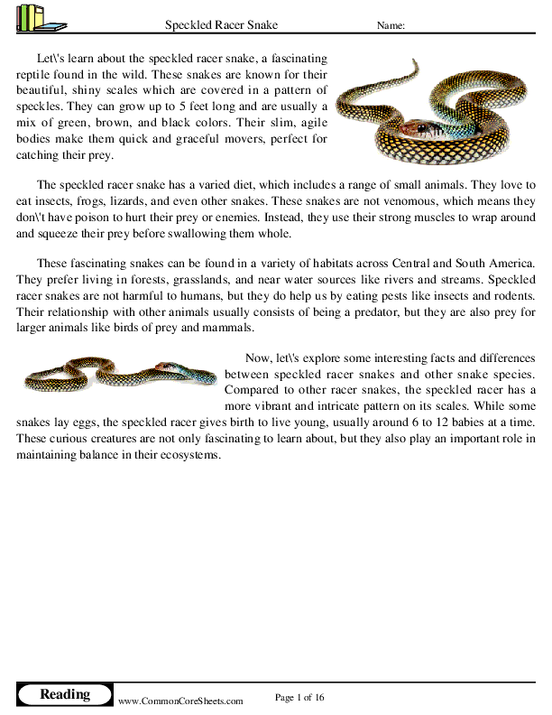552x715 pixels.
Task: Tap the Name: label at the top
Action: point(390,26)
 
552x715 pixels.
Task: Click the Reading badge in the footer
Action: point(65,694)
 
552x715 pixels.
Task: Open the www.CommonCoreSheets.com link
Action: point(180,701)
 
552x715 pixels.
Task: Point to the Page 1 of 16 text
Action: point(299,697)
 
